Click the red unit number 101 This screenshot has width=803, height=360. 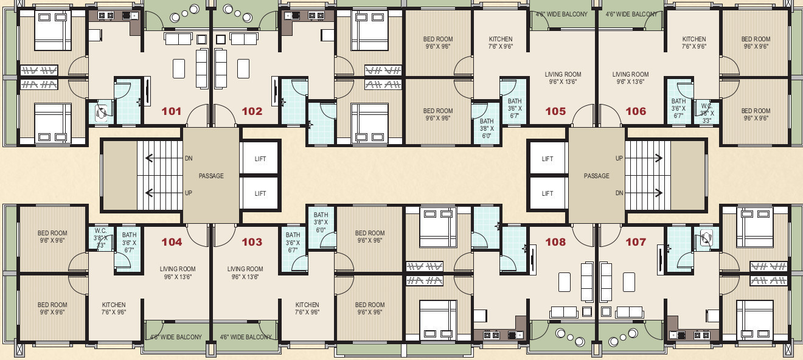click(172, 111)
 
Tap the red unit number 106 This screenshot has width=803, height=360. click(636, 111)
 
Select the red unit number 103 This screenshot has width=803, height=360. click(252, 242)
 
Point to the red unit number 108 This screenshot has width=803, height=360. click(555, 242)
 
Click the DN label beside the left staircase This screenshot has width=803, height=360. click(189, 158)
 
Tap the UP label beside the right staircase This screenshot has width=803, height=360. click(619, 158)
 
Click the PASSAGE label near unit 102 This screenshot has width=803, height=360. click(211, 176)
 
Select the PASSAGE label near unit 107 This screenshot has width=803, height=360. click(597, 176)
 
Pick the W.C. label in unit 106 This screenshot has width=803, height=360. click(707, 106)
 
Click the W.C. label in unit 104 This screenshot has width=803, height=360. click(101, 230)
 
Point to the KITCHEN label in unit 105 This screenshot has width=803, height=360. click(501, 39)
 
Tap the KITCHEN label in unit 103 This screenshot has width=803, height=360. click(307, 305)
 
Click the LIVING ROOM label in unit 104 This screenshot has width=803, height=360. click(178, 269)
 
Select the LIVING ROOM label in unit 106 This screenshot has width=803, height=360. click(631, 75)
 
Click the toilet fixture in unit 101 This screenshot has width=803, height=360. click(102, 112)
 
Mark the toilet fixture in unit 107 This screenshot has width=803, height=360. click(707, 238)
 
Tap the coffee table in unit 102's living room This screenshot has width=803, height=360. click(243, 69)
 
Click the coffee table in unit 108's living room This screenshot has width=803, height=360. click(565, 282)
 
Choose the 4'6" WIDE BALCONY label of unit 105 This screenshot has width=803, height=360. click(561, 15)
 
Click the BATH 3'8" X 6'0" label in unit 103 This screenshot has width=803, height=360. click(321, 223)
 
